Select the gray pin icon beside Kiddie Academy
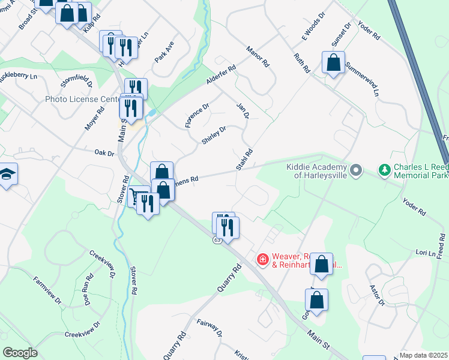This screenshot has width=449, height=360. (x=356, y=171)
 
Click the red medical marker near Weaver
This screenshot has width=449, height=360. (x=262, y=259)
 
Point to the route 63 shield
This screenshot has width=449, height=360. (x=216, y=240)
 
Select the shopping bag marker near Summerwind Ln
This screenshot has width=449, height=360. (x=333, y=62)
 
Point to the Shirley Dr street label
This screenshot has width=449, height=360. (x=214, y=135)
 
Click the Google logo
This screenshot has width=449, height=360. (x=20, y=353)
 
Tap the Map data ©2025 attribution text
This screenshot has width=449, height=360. (x=424, y=355)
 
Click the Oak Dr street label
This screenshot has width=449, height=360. (x=104, y=154)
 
